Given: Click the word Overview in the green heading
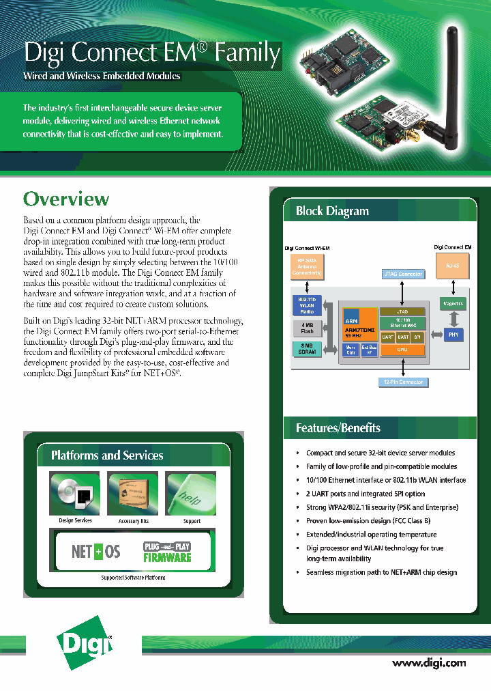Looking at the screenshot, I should click(x=66, y=199).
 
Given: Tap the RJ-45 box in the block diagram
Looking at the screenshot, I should click(x=452, y=265).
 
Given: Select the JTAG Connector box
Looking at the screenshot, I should click(x=402, y=274).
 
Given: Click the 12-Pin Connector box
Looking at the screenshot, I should click(x=402, y=382).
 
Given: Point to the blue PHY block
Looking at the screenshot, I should click(x=453, y=335).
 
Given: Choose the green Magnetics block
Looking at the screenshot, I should click(x=453, y=303).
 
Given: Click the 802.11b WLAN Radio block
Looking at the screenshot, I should click(x=306, y=305).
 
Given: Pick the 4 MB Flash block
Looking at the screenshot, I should click(x=306, y=329).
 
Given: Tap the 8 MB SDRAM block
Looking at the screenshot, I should click(x=306, y=350).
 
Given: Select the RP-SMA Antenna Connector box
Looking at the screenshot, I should click(x=306, y=266).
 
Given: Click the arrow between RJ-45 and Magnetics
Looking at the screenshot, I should click(x=453, y=287).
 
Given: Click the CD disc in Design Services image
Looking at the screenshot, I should click(x=67, y=491).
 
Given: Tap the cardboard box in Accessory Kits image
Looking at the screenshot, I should click(x=133, y=492).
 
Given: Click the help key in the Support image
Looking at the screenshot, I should click(x=191, y=492).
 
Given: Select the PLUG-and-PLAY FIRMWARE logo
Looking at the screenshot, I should click(x=166, y=552).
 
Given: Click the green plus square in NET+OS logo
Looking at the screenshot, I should click(x=97, y=552).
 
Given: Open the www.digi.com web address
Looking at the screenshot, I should click(x=429, y=662).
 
